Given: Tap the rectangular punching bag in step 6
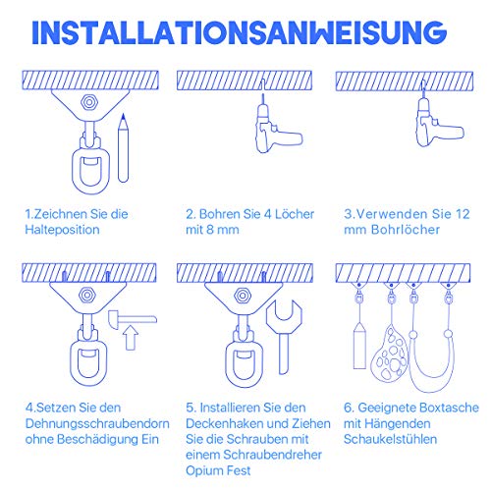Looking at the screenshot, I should (x=359, y=345).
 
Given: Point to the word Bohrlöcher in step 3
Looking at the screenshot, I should (x=399, y=230).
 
